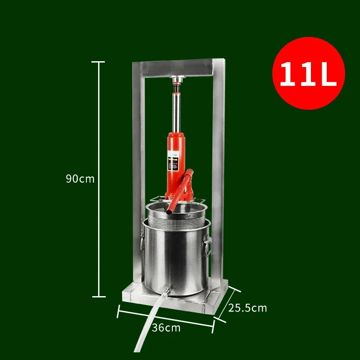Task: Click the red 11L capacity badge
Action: (308, 73)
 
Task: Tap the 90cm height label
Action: (80, 179)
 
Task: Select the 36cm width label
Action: (166, 328)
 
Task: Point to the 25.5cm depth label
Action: (247, 308)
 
